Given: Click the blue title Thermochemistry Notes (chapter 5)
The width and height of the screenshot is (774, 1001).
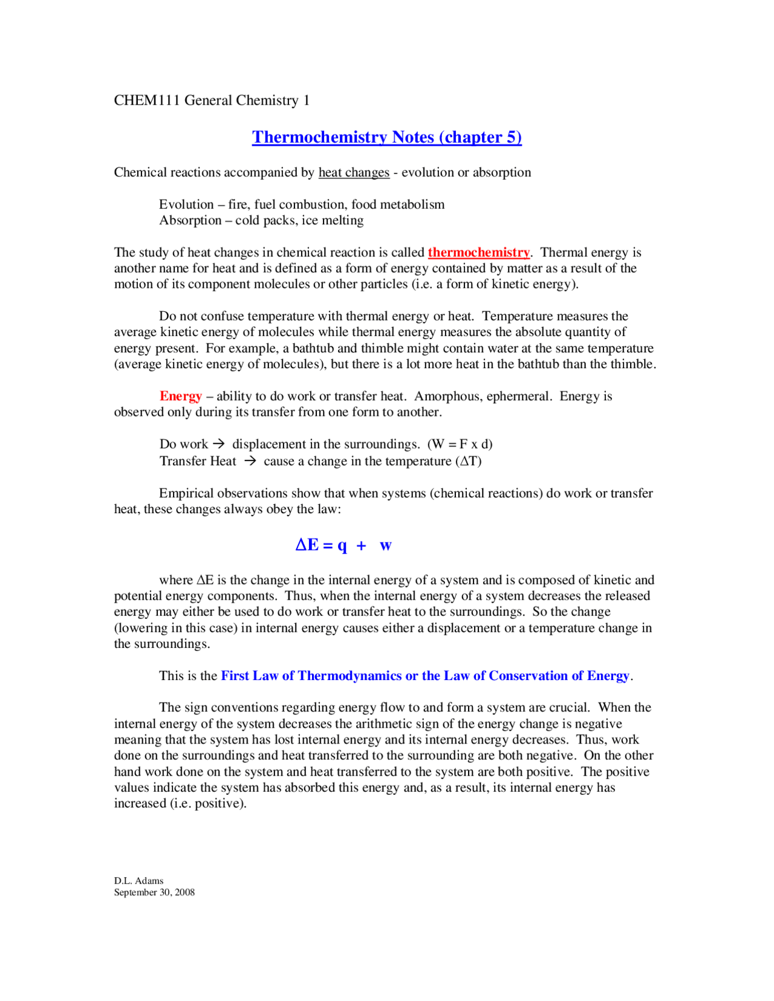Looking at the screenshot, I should pyautogui.click(x=386, y=137).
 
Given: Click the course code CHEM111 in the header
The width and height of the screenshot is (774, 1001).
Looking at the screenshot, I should pyautogui.click(x=147, y=100).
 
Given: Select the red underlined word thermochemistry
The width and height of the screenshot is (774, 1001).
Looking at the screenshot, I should pyautogui.click(x=478, y=253).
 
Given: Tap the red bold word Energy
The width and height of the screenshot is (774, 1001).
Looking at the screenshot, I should pyautogui.click(x=180, y=397).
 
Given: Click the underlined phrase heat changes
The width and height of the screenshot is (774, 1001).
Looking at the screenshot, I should pyautogui.click(x=354, y=173).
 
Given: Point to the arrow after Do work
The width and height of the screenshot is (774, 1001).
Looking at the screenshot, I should pyautogui.click(x=219, y=444).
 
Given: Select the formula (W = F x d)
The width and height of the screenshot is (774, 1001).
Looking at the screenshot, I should pyautogui.click(x=460, y=444).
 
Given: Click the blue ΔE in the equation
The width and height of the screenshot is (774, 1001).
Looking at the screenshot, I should pyautogui.click(x=307, y=545).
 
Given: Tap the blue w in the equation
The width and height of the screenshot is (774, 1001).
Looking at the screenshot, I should pyautogui.click(x=385, y=546).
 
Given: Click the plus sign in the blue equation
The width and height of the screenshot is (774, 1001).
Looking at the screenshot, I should pyautogui.click(x=362, y=546).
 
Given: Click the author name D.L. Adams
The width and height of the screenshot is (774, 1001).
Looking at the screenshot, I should pyautogui.click(x=138, y=881).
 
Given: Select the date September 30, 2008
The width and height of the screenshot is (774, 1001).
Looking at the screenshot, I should pyautogui.click(x=154, y=892).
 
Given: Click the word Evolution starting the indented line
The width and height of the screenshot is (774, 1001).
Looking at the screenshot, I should pyautogui.click(x=186, y=205).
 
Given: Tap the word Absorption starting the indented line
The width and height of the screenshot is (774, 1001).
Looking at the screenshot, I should pyautogui.click(x=190, y=221).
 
